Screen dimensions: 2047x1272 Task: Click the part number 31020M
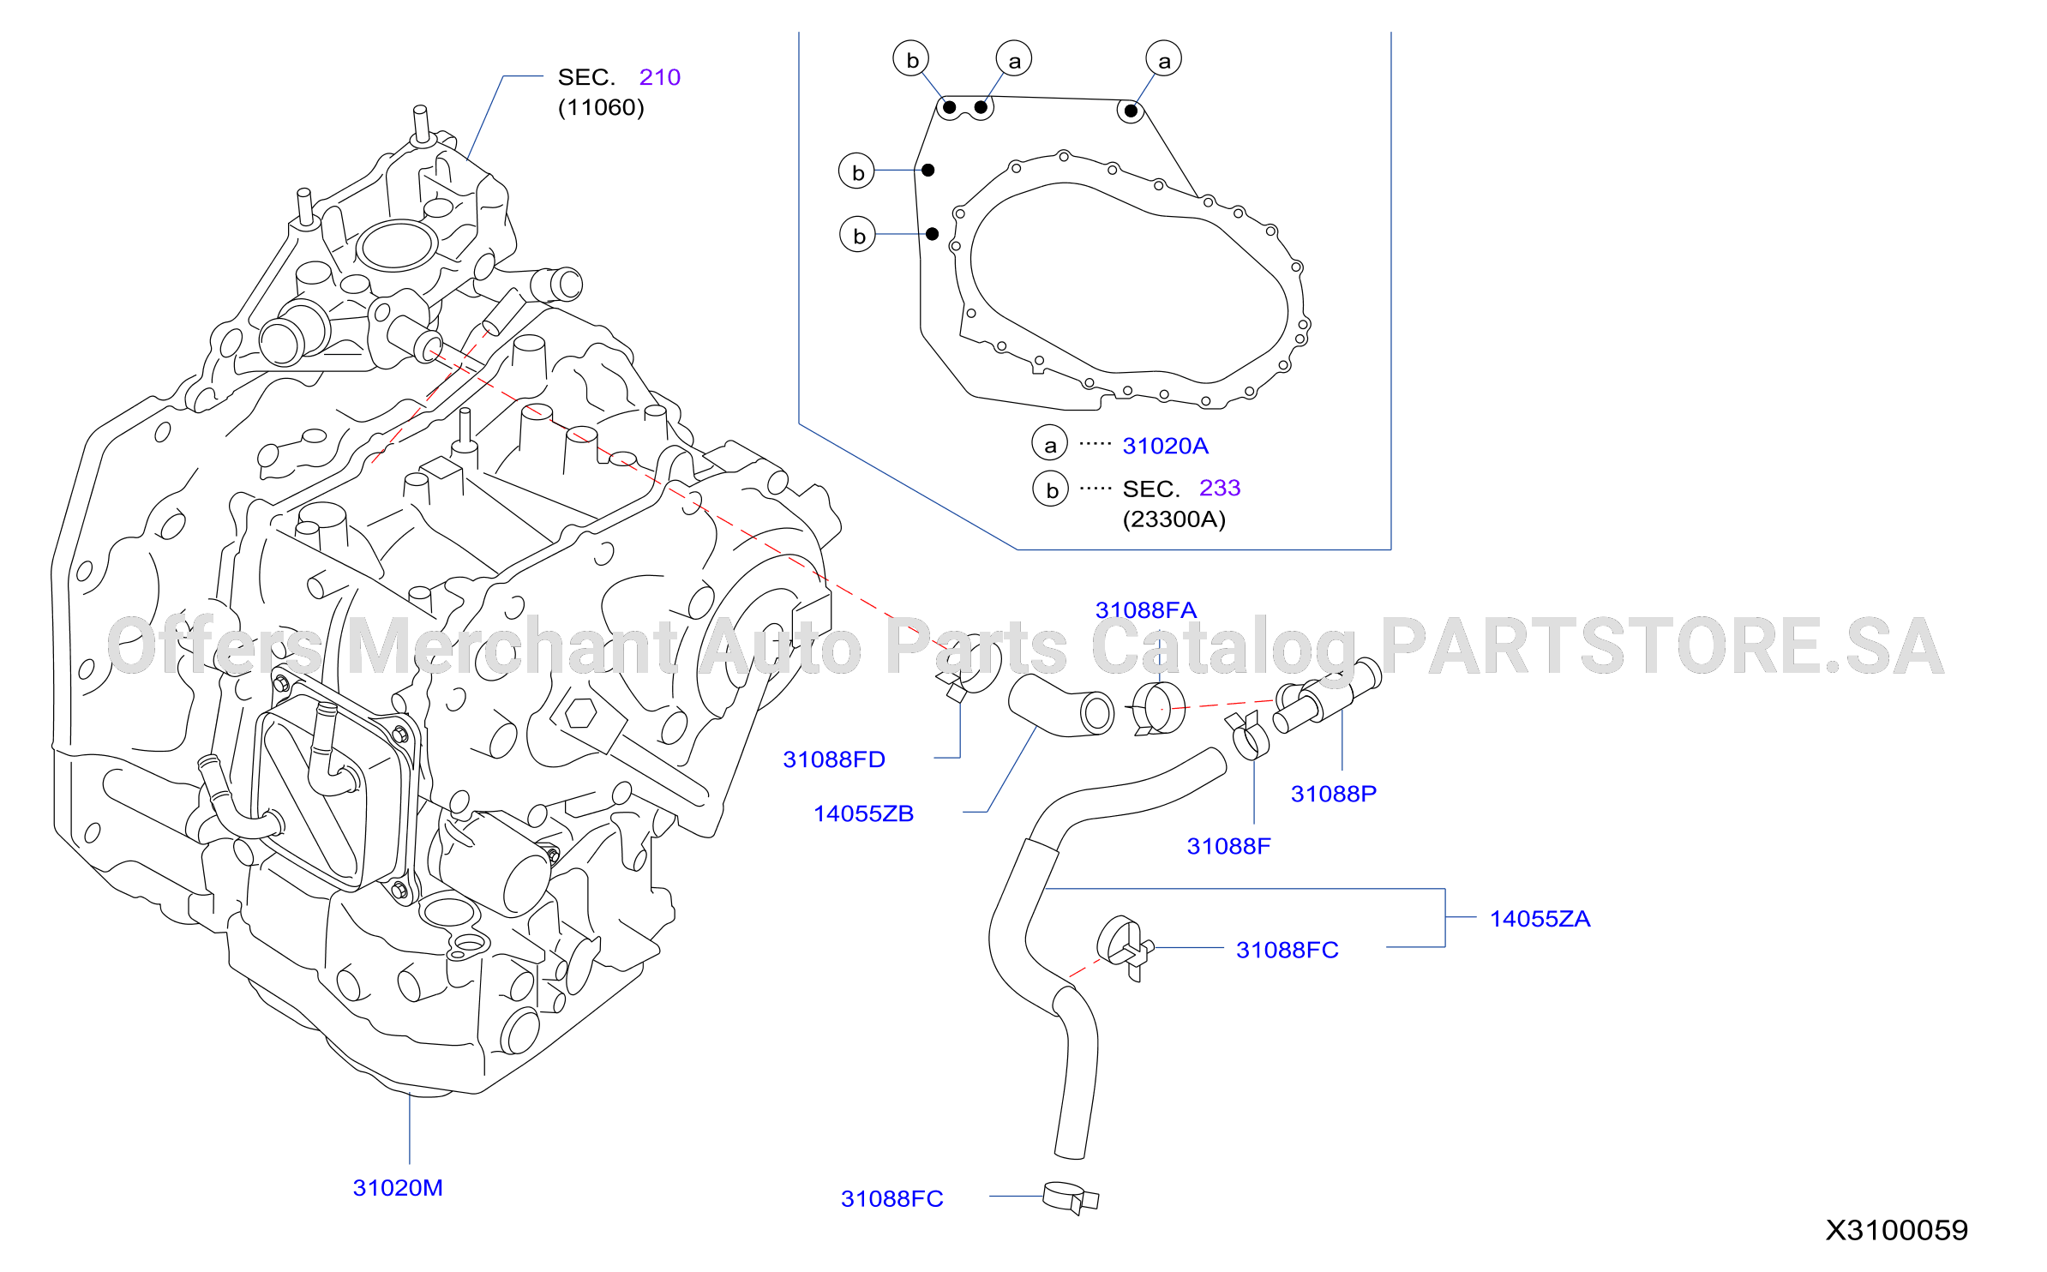click(x=398, y=1187)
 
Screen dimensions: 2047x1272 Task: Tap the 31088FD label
click(x=834, y=759)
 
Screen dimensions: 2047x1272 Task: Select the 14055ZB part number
click(x=863, y=813)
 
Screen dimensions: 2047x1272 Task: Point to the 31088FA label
click(x=1146, y=609)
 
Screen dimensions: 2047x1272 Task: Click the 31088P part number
click(x=1334, y=793)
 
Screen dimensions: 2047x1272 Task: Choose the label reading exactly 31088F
click(x=1228, y=845)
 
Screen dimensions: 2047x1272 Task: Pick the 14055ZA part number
click(x=1540, y=918)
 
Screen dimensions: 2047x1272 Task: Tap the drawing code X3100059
click(x=1896, y=1230)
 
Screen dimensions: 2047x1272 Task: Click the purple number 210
click(x=660, y=77)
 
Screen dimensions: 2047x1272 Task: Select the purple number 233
click(x=1220, y=488)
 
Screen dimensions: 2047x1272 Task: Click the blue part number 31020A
click(x=1165, y=446)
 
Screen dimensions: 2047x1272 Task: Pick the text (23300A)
click(x=1174, y=519)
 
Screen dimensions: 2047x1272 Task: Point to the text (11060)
click(x=601, y=107)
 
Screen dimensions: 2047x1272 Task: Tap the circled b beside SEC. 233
click(x=1051, y=489)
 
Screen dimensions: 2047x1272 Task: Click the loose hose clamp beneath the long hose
click(x=1070, y=1197)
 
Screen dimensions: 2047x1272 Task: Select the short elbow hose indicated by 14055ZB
click(x=1061, y=705)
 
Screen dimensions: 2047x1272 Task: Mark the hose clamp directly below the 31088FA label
click(x=1158, y=709)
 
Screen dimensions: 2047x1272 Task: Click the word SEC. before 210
click(x=587, y=77)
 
